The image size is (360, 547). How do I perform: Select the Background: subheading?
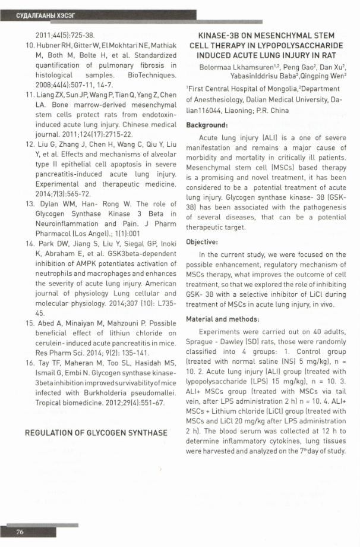(x=207, y=125)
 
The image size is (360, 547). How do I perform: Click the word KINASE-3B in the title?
(x=221, y=36)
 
